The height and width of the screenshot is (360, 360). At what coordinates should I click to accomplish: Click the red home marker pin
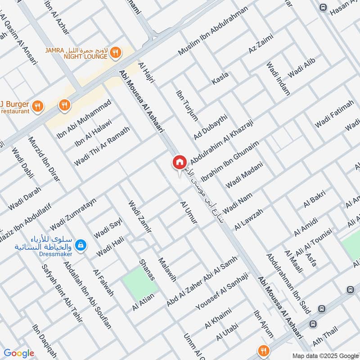click(179, 162)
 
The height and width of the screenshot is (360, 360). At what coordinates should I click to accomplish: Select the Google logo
click(19, 353)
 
